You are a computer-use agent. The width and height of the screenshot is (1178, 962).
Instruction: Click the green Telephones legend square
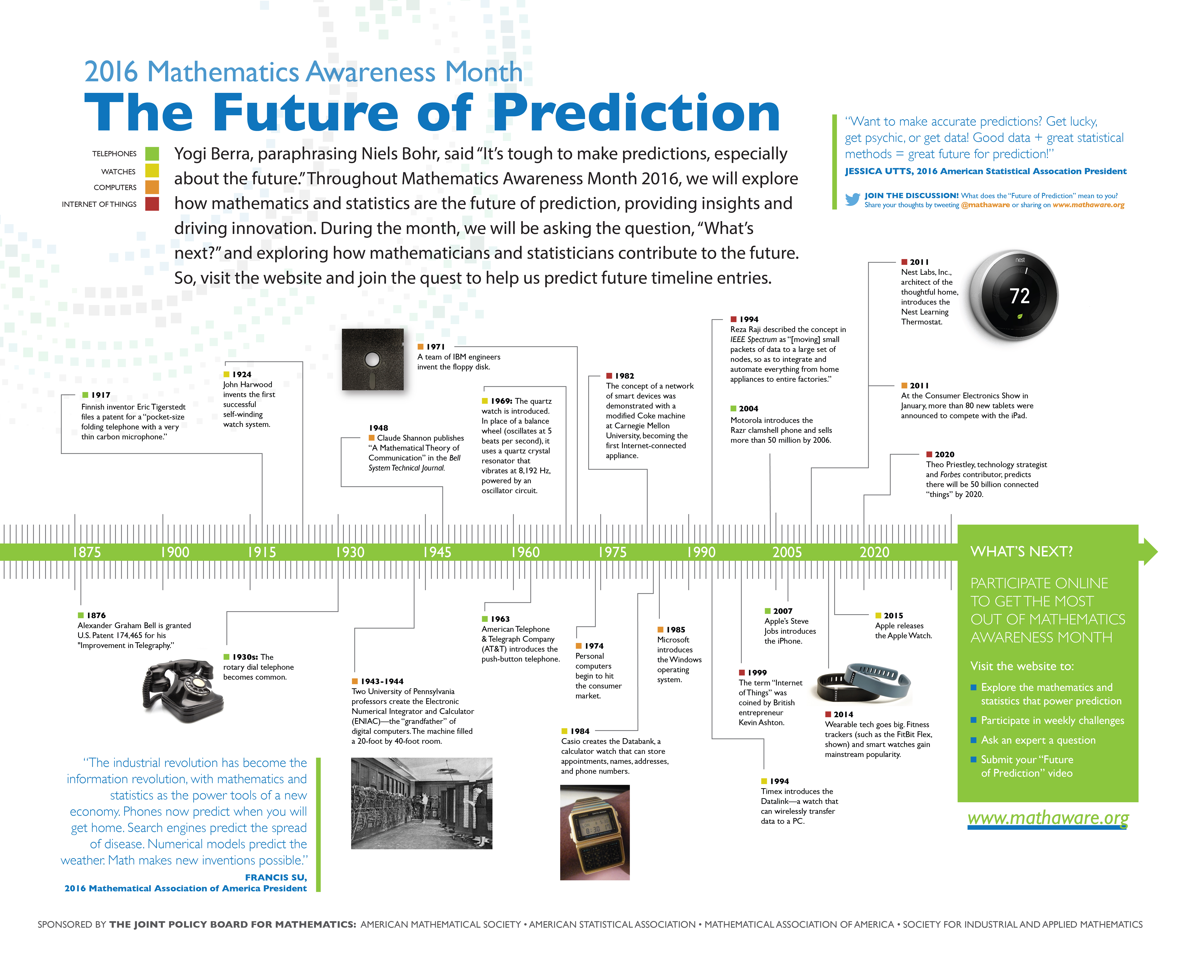tap(152, 154)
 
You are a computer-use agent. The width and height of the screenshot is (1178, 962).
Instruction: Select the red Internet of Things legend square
tap(152, 204)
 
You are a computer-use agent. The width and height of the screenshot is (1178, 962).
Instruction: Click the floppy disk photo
tap(372, 359)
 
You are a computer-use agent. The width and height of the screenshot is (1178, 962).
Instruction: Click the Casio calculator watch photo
tap(595, 832)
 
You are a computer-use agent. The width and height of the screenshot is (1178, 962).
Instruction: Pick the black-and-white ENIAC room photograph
tap(422, 803)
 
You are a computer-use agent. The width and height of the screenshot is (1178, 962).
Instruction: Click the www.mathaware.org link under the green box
tap(1048, 818)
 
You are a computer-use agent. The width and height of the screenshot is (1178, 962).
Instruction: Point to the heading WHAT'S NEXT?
tap(1021, 551)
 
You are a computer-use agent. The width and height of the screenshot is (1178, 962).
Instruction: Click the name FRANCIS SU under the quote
tap(276, 877)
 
